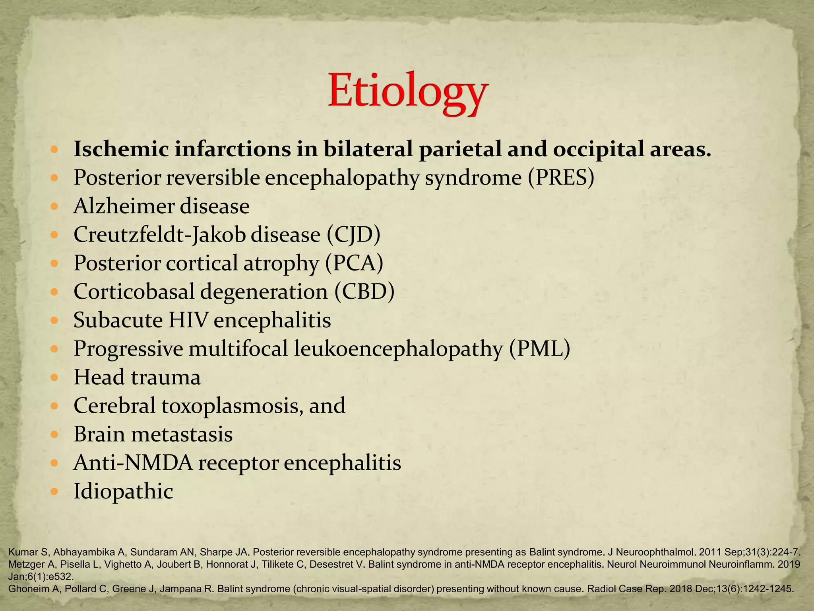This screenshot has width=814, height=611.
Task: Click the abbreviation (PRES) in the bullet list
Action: (561, 177)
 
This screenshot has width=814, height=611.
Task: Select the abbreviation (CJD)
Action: (354, 235)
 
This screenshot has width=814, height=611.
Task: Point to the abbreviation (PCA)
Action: (354, 263)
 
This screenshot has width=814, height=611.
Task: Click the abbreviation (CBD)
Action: (364, 292)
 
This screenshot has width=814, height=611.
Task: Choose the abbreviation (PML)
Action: (540, 349)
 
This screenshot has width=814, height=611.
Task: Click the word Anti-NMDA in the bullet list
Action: (133, 463)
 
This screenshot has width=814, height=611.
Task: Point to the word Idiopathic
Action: (123, 492)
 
